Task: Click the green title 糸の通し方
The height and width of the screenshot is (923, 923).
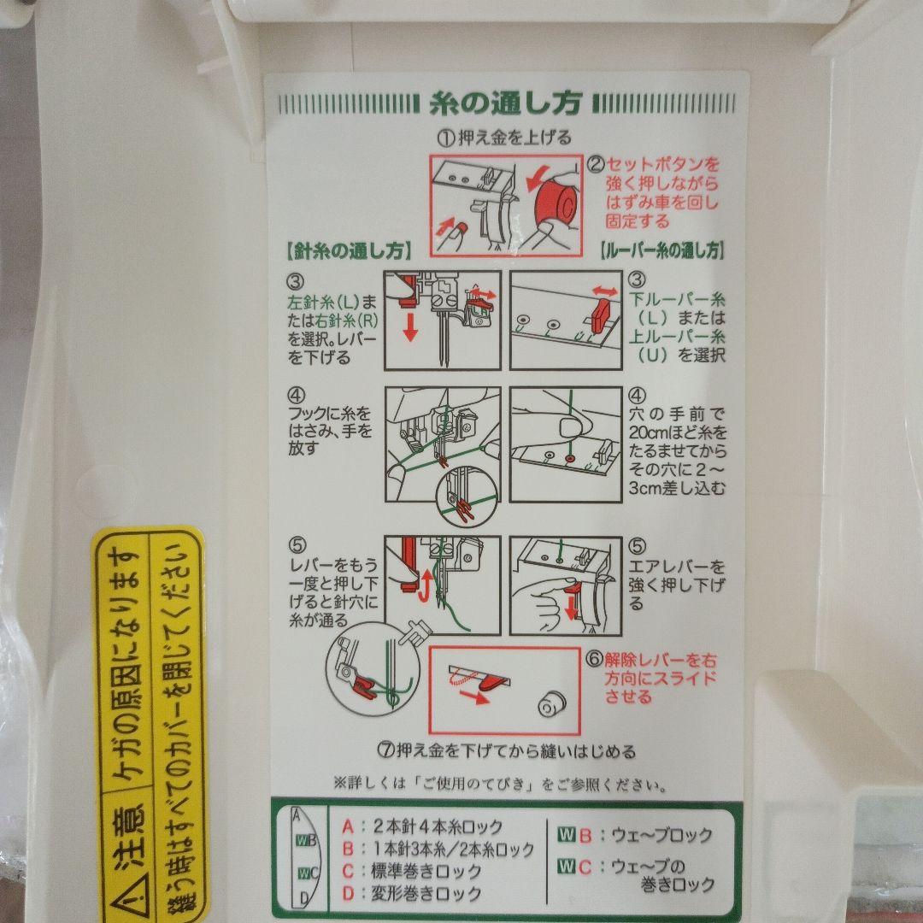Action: click(506, 103)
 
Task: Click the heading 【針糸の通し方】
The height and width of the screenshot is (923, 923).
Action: click(349, 251)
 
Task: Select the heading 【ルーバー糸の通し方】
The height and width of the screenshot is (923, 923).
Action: click(662, 250)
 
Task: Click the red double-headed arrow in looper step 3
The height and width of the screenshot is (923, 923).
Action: click(604, 291)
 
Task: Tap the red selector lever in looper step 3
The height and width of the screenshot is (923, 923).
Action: click(599, 315)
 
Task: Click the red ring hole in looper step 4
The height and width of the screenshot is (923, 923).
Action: click(569, 457)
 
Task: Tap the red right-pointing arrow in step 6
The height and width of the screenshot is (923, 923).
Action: click(473, 697)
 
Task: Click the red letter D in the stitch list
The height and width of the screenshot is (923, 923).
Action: click(348, 894)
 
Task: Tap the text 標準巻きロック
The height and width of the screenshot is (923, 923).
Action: click(426, 871)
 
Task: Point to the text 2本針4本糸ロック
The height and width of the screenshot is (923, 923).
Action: click(437, 826)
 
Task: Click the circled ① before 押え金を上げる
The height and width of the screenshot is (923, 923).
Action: click(445, 138)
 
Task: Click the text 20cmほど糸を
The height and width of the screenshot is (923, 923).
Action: click(678, 432)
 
